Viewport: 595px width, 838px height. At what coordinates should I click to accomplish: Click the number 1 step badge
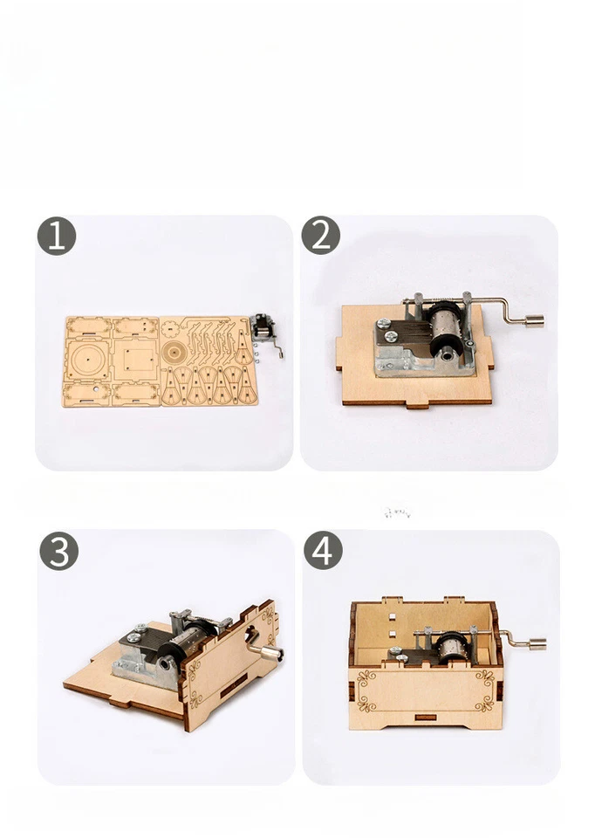(x=57, y=237)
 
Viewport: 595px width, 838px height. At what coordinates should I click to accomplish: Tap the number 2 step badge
(x=320, y=236)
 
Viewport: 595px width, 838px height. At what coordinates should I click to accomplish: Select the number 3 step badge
(x=58, y=552)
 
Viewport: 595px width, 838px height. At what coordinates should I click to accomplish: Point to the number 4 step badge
(x=323, y=552)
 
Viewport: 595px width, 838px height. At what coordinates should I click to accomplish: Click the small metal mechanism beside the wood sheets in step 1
(x=263, y=333)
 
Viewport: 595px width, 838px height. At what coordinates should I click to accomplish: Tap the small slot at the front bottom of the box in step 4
(x=426, y=718)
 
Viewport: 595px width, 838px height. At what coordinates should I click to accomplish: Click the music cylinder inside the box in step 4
(x=453, y=646)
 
